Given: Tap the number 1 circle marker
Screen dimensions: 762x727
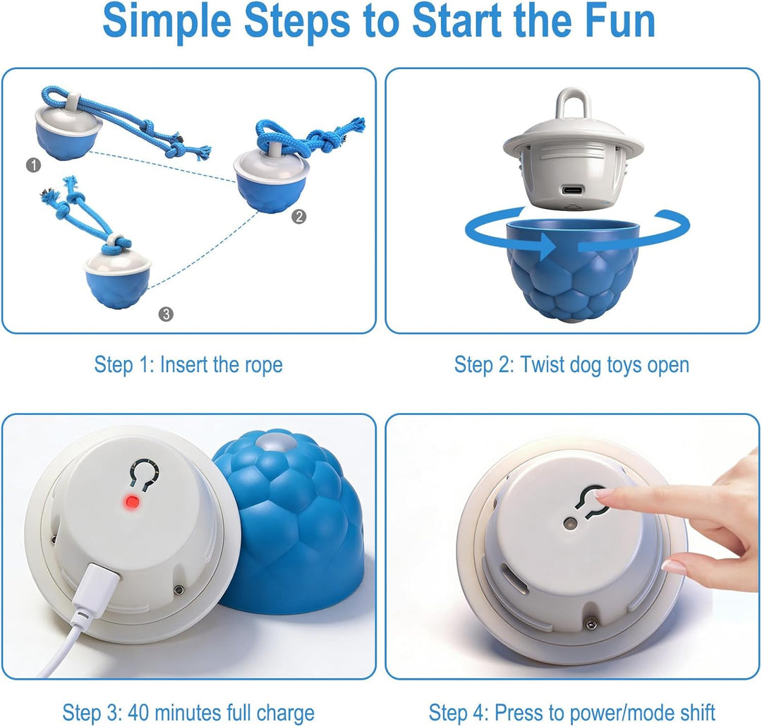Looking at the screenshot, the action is pyautogui.click(x=33, y=165).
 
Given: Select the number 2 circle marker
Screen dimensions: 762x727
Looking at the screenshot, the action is pyautogui.click(x=299, y=217).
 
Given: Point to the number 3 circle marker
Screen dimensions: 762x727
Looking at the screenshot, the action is pyautogui.click(x=166, y=314).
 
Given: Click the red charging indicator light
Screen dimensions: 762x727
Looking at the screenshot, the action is pyautogui.click(x=131, y=501).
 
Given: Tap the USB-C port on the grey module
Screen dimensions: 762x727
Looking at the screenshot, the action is pyautogui.click(x=572, y=190).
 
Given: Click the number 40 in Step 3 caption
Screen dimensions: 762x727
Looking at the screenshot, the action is pyautogui.click(x=138, y=713).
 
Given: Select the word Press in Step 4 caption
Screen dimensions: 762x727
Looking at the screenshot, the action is pyautogui.click(x=518, y=713).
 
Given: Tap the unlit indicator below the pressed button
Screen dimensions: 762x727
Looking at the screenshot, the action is pyautogui.click(x=570, y=524).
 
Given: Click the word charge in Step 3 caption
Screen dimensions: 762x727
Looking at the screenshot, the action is pyautogui.click(x=285, y=714).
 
